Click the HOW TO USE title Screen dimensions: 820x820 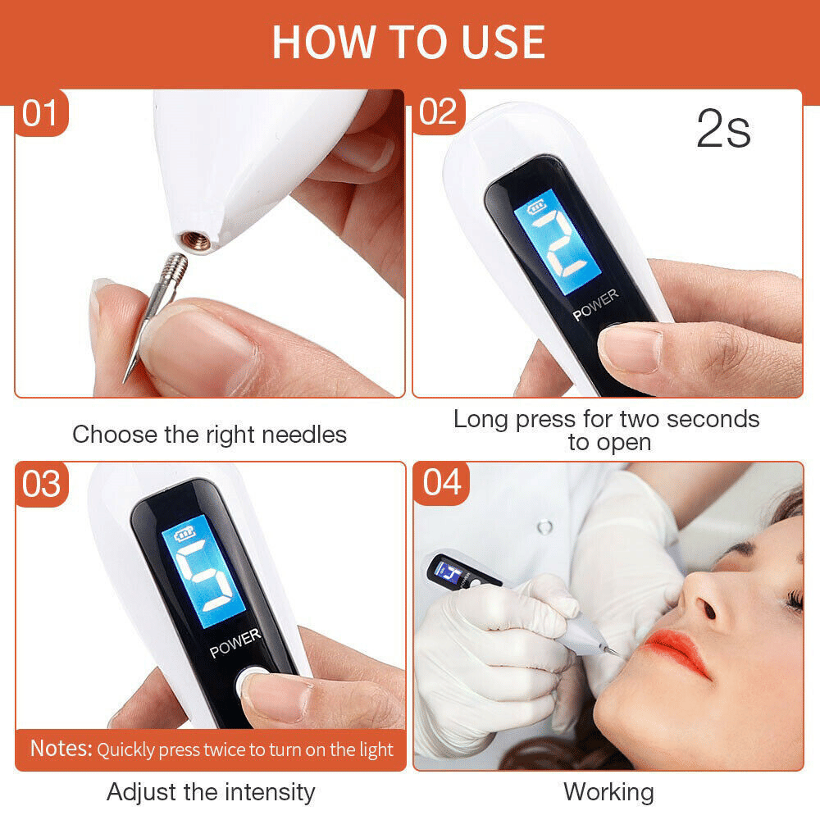coord(408,42)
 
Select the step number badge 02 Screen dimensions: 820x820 coord(438,113)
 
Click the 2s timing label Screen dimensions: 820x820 coord(723,130)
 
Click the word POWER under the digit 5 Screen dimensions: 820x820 coord(235,643)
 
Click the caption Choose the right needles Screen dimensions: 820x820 coord(209,435)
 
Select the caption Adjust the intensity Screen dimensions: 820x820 coord(210,792)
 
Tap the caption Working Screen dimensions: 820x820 coord(608,792)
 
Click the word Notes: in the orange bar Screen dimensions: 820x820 coord(61,749)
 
